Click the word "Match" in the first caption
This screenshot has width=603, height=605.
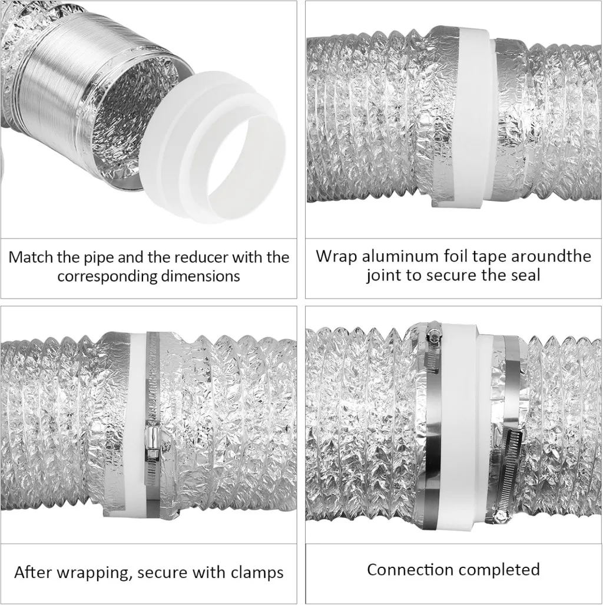(31, 257)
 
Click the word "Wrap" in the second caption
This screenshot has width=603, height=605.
(336, 257)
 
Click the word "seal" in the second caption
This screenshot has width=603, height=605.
(525, 276)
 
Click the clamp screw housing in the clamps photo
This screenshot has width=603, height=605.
(153, 442)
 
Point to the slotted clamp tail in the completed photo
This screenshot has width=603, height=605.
(511, 475)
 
